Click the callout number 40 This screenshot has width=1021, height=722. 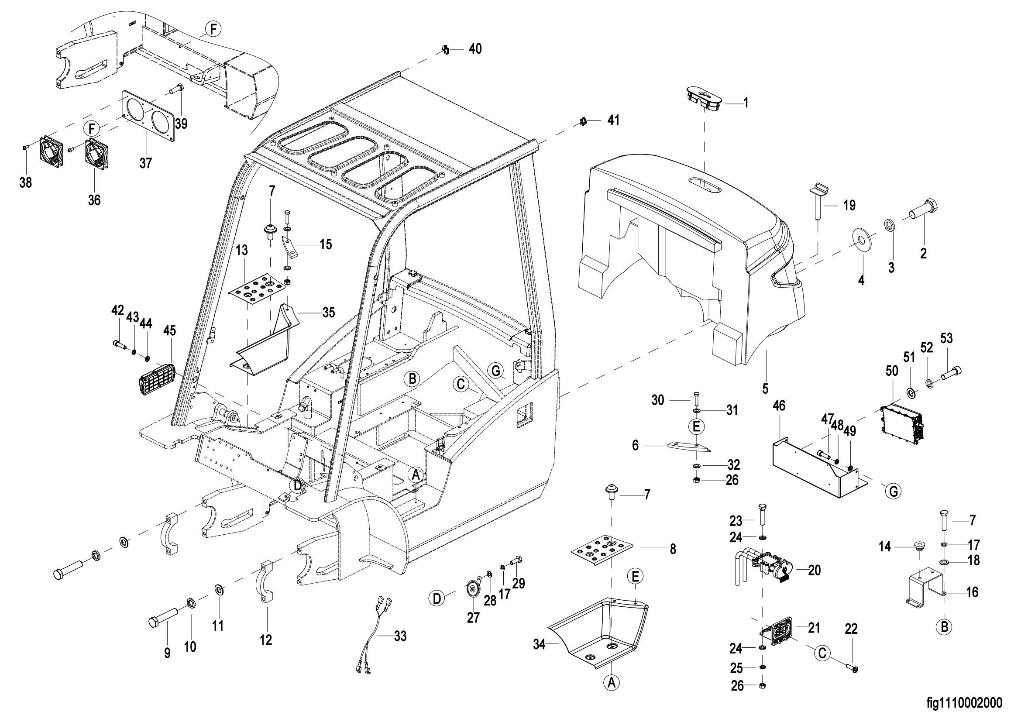tap(475, 49)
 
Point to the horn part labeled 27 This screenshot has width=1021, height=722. tap(471, 591)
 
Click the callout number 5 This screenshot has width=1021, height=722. tap(765, 389)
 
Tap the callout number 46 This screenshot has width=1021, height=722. tap(779, 406)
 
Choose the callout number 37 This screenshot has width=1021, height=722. tap(146, 163)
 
